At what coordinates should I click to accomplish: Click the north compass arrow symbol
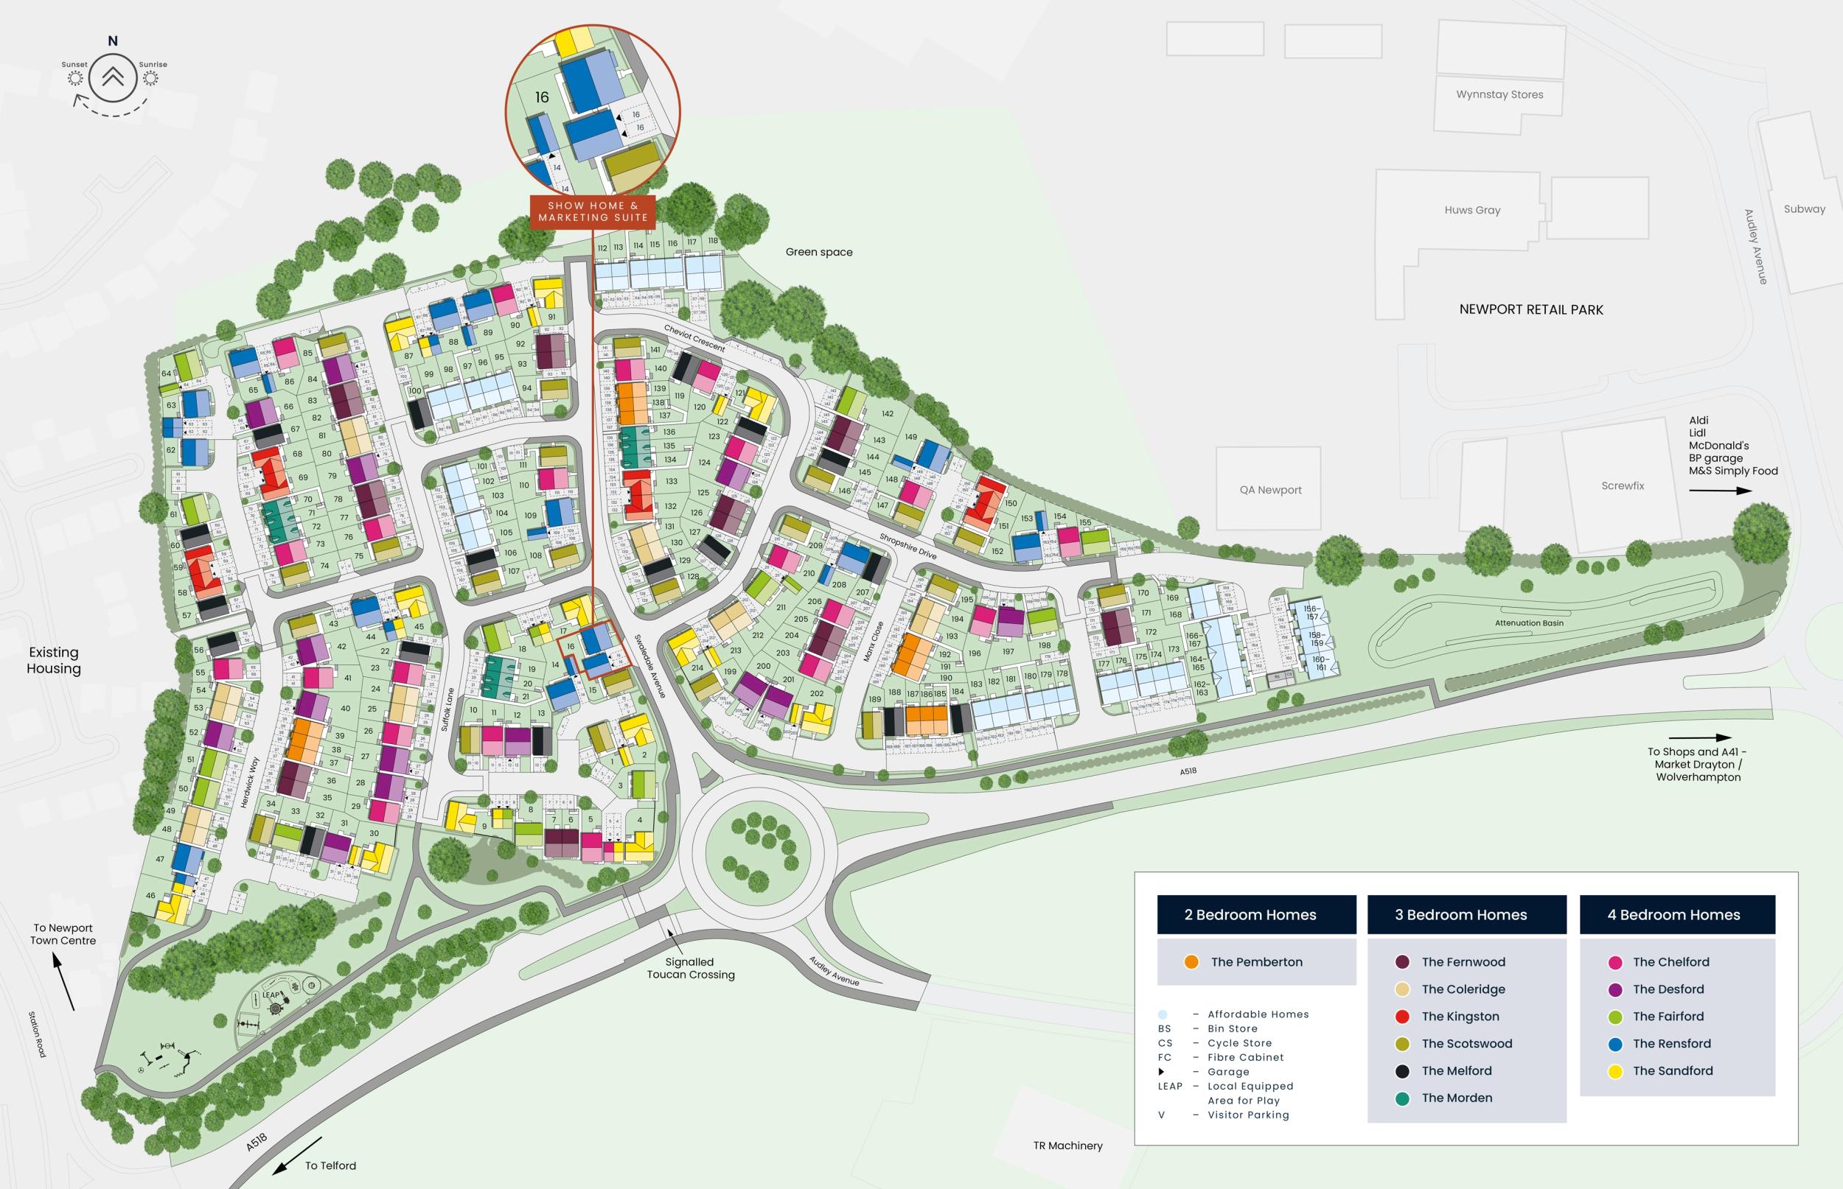tap(113, 77)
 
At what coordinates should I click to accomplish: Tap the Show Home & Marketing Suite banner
tap(593, 211)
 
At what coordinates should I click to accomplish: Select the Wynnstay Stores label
tap(1499, 95)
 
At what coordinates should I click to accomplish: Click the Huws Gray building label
tap(1472, 210)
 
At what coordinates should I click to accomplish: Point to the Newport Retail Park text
tap(1531, 309)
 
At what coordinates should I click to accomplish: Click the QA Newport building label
tap(1271, 489)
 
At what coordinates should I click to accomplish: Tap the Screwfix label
tap(1622, 485)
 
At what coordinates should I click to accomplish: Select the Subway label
tap(1805, 208)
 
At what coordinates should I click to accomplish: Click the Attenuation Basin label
tap(1529, 623)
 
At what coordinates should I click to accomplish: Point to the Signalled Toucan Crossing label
tap(690, 968)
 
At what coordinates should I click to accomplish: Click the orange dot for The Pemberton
tap(1191, 962)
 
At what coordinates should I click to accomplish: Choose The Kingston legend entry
tap(1460, 1016)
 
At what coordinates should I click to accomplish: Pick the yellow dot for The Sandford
tap(1614, 1071)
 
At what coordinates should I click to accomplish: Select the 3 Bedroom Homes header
tap(1466, 915)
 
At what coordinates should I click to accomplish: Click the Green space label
tap(819, 252)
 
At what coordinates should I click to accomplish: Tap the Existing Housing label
tap(53, 661)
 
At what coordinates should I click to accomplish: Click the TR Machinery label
tap(1067, 1146)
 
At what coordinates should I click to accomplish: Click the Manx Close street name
tap(873, 642)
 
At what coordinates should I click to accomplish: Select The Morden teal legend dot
tap(1403, 1098)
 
